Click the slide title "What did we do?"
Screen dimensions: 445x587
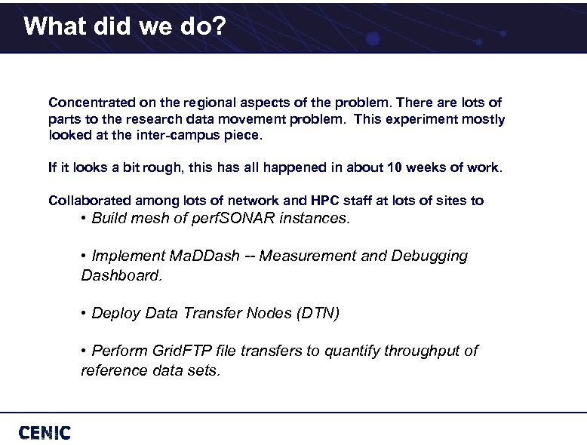(x=124, y=27)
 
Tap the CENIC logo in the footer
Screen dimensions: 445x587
(x=45, y=432)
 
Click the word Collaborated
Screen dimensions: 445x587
(x=91, y=201)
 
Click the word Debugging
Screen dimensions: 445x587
(x=429, y=256)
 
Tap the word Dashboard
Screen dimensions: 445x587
(x=121, y=275)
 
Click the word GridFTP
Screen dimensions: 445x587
(x=183, y=351)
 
